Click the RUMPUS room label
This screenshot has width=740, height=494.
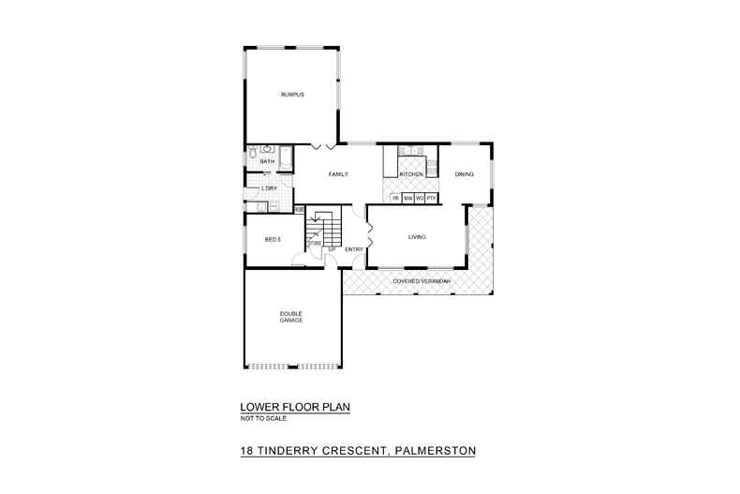click(292, 96)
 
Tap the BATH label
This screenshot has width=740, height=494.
click(267, 162)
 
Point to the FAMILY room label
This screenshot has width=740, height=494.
click(338, 175)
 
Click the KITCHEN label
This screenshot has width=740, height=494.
click(412, 175)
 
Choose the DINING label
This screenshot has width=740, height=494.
click(464, 175)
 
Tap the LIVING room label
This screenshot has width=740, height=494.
click(417, 237)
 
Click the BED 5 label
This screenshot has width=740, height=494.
click(273, 240)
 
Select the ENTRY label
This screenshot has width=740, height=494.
click(354, 249)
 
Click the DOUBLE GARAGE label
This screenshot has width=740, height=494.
click(290, 317)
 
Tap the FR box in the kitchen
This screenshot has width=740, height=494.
click(396, 199)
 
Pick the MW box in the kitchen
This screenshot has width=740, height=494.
click(408, 199)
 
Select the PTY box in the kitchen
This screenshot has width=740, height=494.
click(432, 199)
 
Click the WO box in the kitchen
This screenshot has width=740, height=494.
click(421, 199)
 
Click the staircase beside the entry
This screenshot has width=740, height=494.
click(324, 226)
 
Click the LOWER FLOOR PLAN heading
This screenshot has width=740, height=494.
click(295, 408)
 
